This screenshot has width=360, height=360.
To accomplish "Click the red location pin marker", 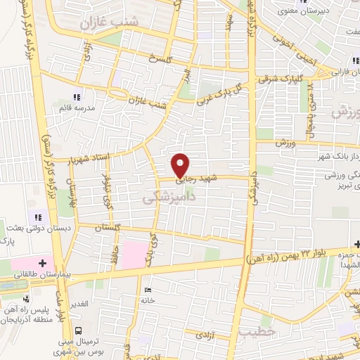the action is (x=181, y=165).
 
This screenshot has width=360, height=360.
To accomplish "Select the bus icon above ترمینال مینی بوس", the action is (x=79, y=330).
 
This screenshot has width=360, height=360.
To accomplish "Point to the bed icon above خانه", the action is (x=146, y=289).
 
